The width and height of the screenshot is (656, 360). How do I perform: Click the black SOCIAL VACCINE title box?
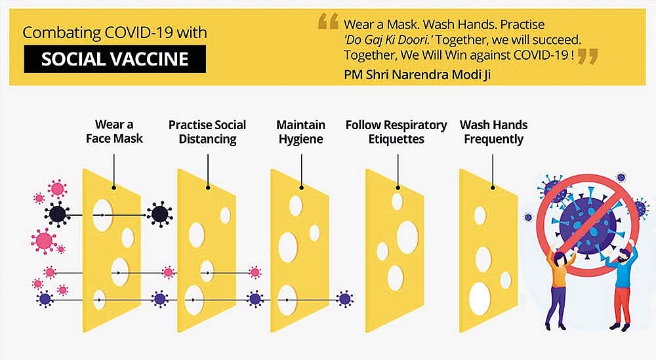pyautogui.click(x=115, y=59)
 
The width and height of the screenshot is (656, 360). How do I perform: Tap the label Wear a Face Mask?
pyautogui.click(x=114, y=131)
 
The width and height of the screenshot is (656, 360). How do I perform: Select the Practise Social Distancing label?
pyautogui.click(x=207, y=132)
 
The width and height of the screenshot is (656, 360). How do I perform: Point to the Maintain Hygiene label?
pyautogui.click(x=301, y=132)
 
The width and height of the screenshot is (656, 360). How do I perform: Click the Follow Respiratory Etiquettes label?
pyautogui.click(x=396, y=132)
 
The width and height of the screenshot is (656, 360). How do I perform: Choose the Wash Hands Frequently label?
pyautogui.click(x=493, y=132)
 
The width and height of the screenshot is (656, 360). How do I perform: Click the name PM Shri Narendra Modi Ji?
pyautogui.click(x=417, y=74)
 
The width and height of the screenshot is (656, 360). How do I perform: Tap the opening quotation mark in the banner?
pyautogui.click(x=328, y=21)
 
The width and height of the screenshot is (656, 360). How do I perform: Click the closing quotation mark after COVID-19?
pyautogui.click(x=587, y=56)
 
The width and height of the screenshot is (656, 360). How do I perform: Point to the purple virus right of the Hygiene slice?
pyautogui.click(x=345, y=299)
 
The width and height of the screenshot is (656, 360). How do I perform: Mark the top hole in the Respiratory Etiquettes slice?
pyautogui.click(x=397, y=201)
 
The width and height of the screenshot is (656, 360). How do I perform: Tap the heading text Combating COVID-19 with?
pyautogui.click(x=115, y=33)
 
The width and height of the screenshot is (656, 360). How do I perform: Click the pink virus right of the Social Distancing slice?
pyautogui.click(x=255, y=273)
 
